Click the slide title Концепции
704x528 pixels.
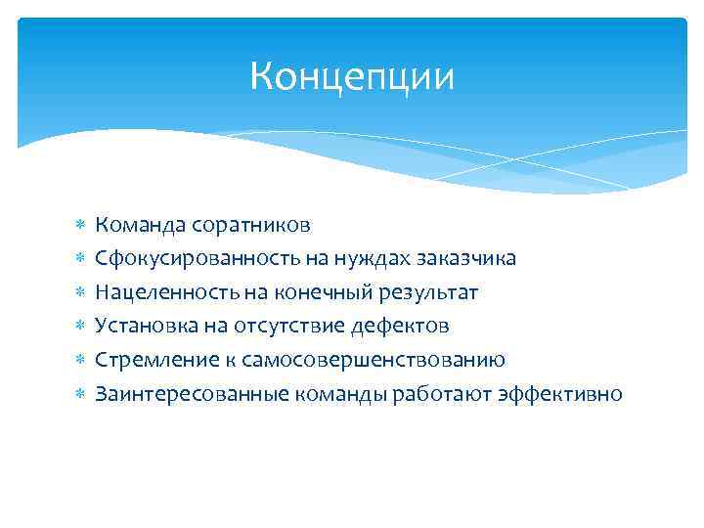pyautogui.click(x=352, y=75)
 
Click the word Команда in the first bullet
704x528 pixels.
pyautogui.click(x=133, y=225)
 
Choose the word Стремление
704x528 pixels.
pyautogui.click(x=142, y=360)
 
